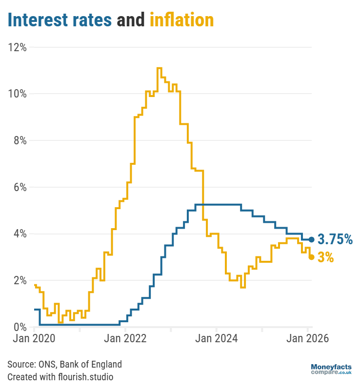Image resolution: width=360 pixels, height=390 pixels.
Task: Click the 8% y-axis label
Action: pyautogui.click(x=19, y=140)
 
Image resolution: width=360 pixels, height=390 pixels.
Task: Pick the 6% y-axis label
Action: pyautogui.click(x=19, y=187)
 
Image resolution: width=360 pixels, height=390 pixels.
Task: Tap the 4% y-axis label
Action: pyautogui.click(x=19, y=234)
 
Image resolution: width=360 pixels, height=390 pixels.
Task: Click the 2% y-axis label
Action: pyautogui.click(x=19, y=280)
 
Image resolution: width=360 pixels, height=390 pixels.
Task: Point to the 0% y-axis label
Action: pyautogui.click(x=19, y=327)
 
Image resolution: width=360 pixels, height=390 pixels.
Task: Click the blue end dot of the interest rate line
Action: pyautogui.click(x=312, y=239)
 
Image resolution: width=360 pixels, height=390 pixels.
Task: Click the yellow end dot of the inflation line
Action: pyautogui.click(x=312, y=257)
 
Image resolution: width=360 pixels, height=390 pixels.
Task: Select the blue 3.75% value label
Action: pyautogui.click(x=335, y=239)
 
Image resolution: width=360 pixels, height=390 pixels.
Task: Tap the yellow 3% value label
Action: pyautogui.click(x=326, y=257)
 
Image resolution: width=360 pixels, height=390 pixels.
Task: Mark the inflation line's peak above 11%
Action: pyautogui.click(x=159, y=68)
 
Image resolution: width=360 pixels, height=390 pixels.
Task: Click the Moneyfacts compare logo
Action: pyautogui.click(x=331, y=369)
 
